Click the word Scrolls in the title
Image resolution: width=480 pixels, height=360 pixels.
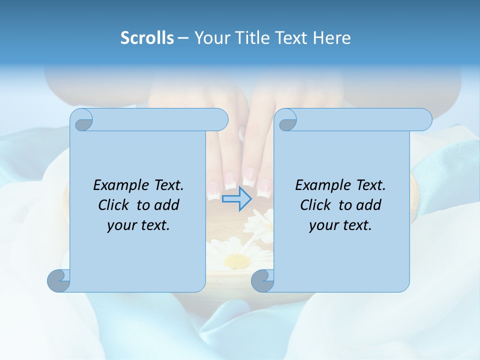pyautogui.click(x=147, y=38)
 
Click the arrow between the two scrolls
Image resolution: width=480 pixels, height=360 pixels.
pyautogui.click(x=236, y=198)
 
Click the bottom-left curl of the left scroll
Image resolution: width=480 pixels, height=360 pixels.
pyautogui.click(x=59, y=280)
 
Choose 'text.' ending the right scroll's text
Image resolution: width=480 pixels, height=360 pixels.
pyautogui.click(x=356, y=225)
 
